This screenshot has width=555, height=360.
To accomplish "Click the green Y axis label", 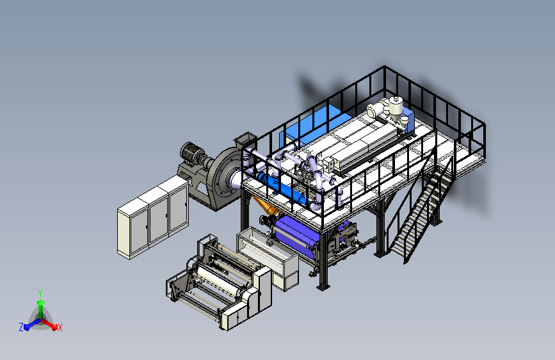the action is tap(40, 293).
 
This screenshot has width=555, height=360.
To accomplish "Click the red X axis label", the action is tap(60, 327).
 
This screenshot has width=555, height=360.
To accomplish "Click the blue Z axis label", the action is tap(21, 327).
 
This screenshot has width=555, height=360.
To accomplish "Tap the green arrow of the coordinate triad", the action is tap(41, 309).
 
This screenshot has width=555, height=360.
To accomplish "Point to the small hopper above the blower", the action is tap(245, 139).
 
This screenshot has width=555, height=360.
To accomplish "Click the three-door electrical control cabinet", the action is tap(153, 217).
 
